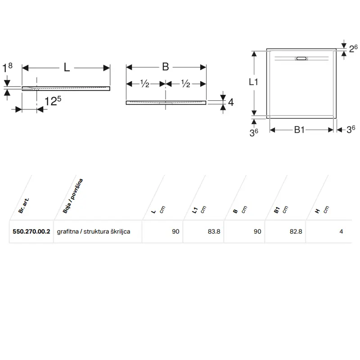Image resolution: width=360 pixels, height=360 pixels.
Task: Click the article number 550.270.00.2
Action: tap(31, 231)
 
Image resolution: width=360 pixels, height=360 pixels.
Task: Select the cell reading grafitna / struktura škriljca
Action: tap(94, 231)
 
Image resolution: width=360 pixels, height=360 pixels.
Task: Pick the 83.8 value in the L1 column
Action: tap(214, 231)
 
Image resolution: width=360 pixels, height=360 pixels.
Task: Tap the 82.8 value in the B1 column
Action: tap(296, 231)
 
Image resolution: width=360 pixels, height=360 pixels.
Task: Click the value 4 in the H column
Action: tap(341, 231)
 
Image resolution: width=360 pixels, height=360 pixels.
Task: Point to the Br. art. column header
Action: tap(24, 206)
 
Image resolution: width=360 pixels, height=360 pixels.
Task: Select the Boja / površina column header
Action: tap(72, 196)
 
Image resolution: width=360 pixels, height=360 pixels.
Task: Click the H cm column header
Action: tap(322, 210)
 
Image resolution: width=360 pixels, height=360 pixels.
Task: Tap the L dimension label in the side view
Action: tap(67, 67)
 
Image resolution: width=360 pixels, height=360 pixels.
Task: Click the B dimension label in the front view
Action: tap(166, 67)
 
